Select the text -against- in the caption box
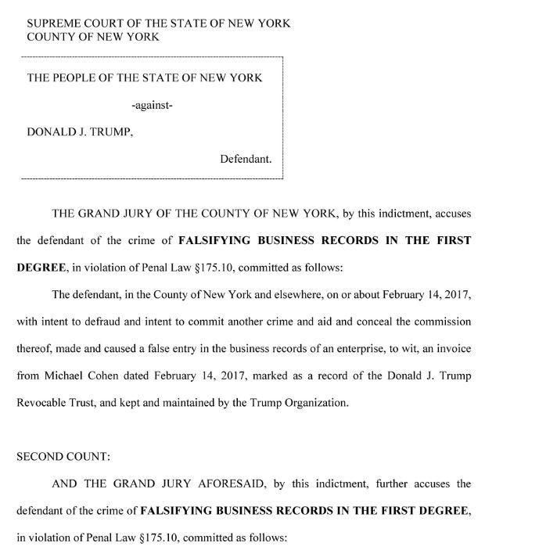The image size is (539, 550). (x=152, y=105)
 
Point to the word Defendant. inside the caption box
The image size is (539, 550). (x=246, y=159)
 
